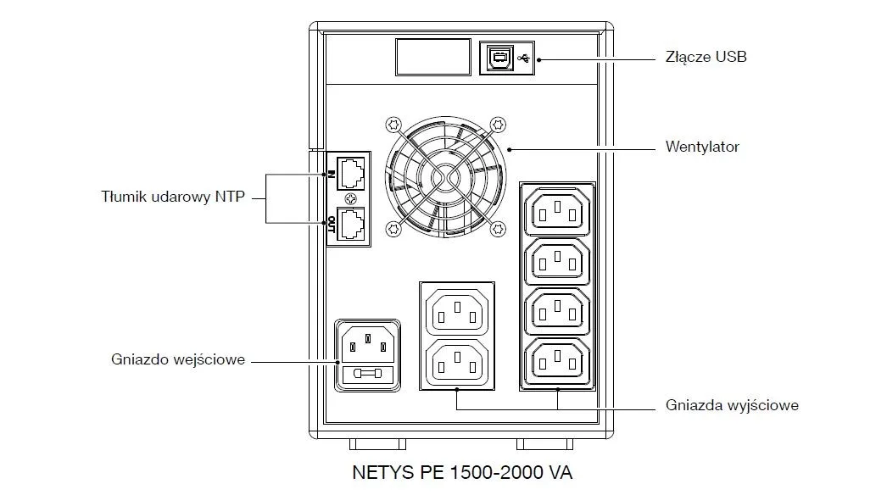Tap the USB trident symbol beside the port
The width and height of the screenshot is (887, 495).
(x=523, y=58)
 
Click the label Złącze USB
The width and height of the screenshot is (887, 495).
(x=705, y=58)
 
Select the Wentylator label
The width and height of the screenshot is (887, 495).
(x=702, y=147)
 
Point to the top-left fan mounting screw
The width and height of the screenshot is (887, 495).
(x=392, y=125)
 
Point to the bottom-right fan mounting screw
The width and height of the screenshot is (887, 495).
(x=499, y=227)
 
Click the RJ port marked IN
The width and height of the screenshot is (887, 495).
(x=352, y=174)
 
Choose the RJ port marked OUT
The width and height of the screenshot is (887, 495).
(x=352, y=224)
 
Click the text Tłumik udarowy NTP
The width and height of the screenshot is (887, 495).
(x=172, y=197)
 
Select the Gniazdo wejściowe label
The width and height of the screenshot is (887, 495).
(x=178, y=359)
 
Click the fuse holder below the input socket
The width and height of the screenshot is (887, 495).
(x=368, y=374)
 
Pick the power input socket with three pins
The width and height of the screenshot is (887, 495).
(x=368, y=344)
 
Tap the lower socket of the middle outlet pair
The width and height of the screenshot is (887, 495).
(x=457, y=361)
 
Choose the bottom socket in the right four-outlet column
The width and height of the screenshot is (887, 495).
(x=557, y=360)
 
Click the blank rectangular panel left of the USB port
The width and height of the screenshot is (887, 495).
(x=432, y=58)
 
